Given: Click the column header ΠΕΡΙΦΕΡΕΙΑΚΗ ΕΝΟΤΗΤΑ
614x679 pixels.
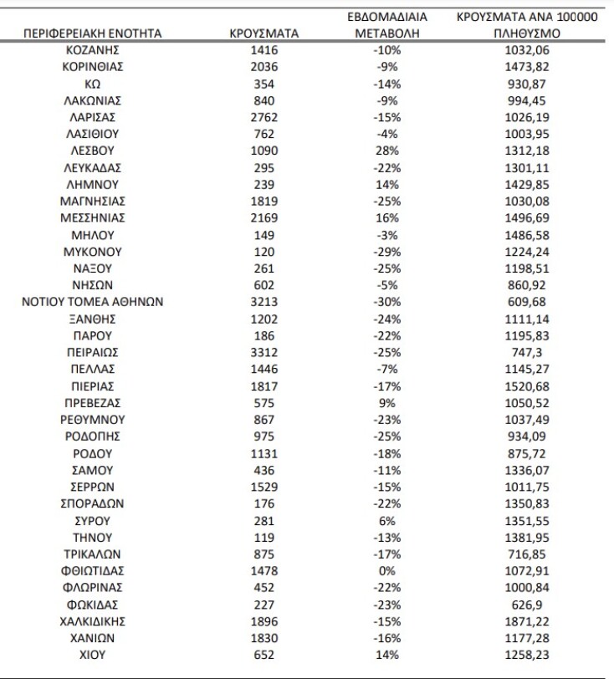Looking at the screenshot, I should coord(93,33).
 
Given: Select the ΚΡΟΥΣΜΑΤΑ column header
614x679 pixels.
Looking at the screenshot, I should coord(264,33).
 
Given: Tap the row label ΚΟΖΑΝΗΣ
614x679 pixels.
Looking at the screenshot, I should coord(93,50).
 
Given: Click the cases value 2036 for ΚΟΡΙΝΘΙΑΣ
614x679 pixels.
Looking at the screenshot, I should coord(264,67).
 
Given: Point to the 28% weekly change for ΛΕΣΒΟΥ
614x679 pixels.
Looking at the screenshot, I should coord(387,151).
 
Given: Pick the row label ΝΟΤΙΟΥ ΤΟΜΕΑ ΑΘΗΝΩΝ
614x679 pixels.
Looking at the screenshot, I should coord(93,302).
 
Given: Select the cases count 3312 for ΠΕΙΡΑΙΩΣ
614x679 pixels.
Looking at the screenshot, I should coord(264,352).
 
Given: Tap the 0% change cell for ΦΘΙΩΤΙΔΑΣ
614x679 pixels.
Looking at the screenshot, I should coord(387,570).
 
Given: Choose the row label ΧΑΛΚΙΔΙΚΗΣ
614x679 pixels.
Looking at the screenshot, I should coord(93,620).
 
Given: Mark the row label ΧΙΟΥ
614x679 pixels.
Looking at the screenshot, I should coord(93,654).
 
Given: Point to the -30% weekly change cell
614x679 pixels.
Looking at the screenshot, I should coord(387,302).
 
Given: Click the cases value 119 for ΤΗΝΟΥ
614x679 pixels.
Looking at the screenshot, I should coord(264,537).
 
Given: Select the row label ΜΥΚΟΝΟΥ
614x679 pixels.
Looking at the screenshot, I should coord(93,252).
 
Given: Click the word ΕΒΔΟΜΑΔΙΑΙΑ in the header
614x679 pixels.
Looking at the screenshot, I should coord(387,17).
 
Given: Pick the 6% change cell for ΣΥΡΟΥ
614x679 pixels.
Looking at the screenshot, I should coord(387,520).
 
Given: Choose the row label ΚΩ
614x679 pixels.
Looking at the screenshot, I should coord(93,84).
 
